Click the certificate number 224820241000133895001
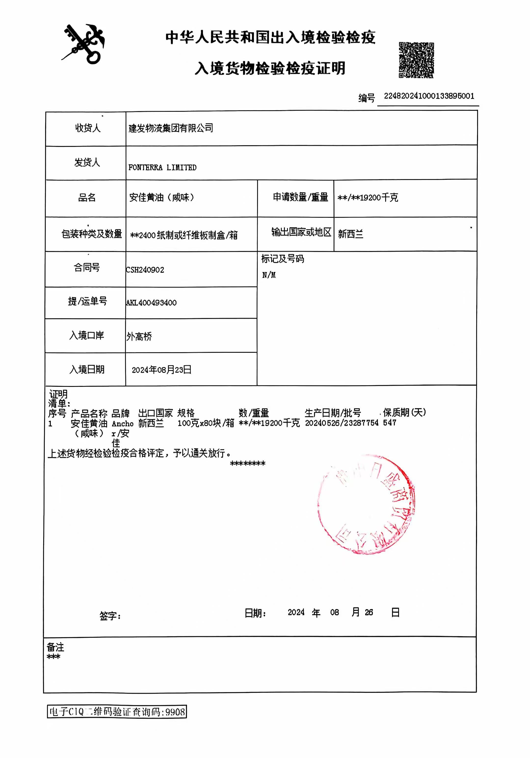429,96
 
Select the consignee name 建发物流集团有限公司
171,128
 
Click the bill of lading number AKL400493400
151,303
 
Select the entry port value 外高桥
139,337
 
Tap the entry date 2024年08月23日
161,370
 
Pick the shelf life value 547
389,423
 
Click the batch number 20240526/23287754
341,423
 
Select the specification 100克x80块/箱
206,423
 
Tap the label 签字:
110,616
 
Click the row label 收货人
87,128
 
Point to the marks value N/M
269,275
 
